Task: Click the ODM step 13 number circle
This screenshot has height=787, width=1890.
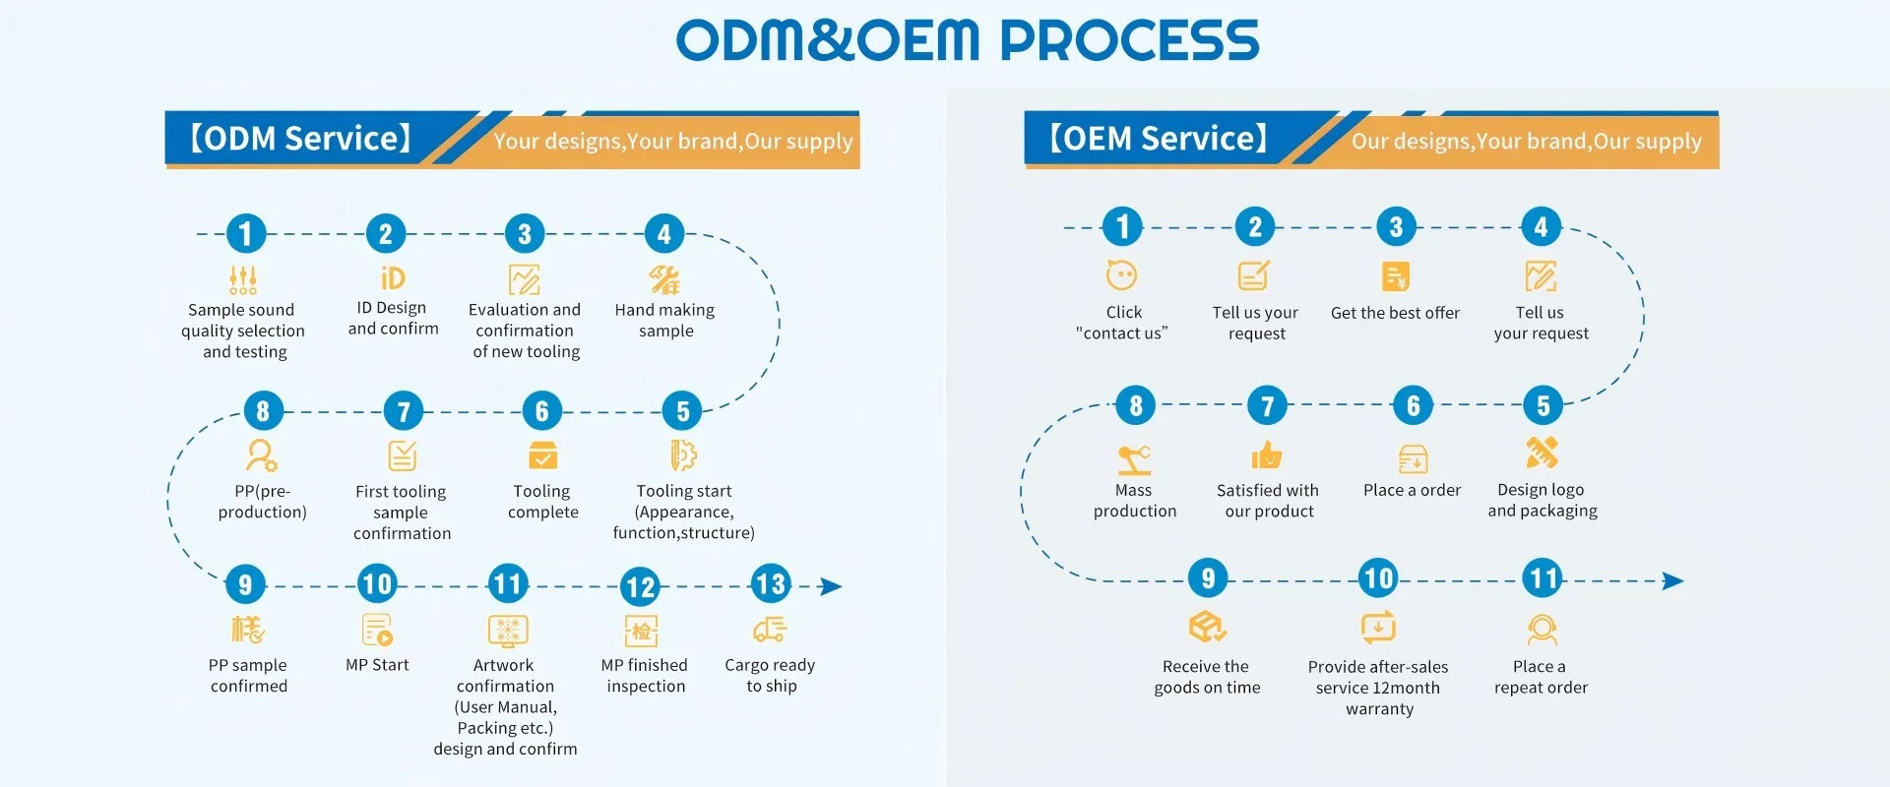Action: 771,584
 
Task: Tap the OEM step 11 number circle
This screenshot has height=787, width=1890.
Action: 1543,577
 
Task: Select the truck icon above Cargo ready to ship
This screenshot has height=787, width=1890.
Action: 770,629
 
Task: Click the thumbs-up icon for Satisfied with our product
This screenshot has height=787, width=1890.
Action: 1267,454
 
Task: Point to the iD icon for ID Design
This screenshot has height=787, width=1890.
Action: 393,278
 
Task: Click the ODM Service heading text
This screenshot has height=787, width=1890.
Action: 300,138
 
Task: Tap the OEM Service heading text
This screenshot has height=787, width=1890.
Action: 1159,138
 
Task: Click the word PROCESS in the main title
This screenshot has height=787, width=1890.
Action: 1130,40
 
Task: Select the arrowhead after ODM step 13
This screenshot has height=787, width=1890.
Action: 832,586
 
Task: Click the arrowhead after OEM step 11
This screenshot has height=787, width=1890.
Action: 1673,580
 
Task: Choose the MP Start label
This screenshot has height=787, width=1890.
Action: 377,665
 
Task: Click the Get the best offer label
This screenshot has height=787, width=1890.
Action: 1395,313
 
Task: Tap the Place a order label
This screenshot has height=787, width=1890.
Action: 1412,490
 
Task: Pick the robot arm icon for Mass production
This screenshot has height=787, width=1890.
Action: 1134,459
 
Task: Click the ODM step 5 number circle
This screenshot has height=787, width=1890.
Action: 682,410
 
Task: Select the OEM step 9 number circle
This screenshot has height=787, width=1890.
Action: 1208,577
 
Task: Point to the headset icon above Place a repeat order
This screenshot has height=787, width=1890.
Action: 1542,629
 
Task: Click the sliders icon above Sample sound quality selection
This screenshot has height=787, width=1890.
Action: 243,279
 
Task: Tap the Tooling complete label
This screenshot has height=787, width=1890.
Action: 542,502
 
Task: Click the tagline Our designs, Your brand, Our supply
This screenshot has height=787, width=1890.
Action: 1526,141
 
